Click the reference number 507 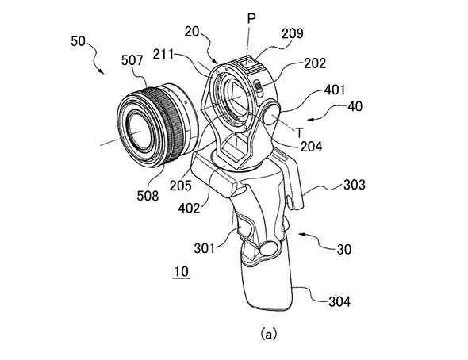click(132, 60)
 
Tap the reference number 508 click(148, 196)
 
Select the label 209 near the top click(293, 33)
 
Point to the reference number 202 click(315, 63)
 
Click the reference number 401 click(334, 90)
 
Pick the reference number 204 click(311, 147)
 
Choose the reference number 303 click(355, 185)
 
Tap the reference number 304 click(339, 301)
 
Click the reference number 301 click(205, 248)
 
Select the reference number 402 click(189, 209)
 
